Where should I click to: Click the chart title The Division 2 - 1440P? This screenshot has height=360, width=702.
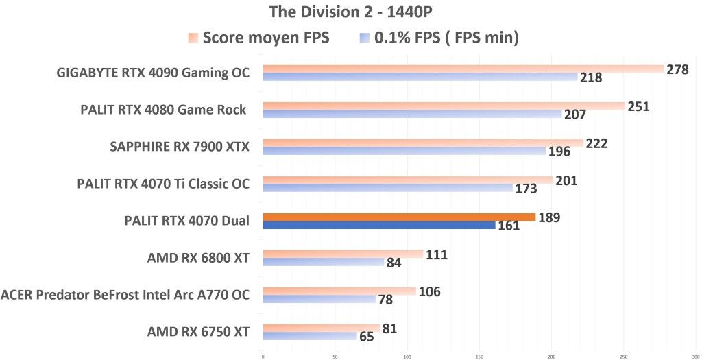[350, 11]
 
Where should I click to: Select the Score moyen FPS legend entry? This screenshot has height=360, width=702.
[260, 38]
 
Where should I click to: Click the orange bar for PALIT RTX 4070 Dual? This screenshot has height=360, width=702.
[399, 217]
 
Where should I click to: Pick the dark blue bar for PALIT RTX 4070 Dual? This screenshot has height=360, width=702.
[378, 225]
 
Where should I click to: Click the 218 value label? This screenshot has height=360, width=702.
[590, 77]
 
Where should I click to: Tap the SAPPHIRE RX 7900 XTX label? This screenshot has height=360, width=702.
[180, 146]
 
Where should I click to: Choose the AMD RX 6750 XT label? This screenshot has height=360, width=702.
[198, 332]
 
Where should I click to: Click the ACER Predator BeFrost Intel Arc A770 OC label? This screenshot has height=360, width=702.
[125, 295]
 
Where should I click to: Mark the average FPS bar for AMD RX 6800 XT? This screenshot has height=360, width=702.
[343, 254]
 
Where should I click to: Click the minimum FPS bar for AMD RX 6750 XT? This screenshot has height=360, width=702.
[310, 336]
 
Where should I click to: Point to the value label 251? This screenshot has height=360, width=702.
[638, 106]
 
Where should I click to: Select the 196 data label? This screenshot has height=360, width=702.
[558, 152]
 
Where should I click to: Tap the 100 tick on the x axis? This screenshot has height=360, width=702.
[407, 356]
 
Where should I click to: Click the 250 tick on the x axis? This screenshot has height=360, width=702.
[624, 356]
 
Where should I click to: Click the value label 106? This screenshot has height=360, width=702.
[428, 292]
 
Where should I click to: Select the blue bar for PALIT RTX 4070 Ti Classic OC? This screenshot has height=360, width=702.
[387, 188]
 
